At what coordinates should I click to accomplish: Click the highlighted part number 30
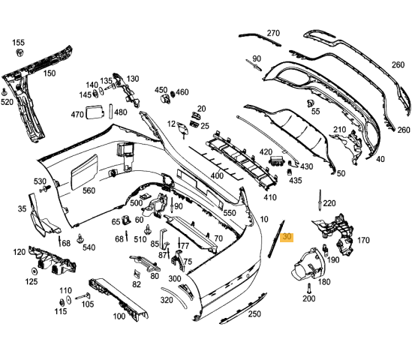coord(286,238)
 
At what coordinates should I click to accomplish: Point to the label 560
coord(89,190)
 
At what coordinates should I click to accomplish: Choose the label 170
coord(363,241)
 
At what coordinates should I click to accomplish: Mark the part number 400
coord(217,175)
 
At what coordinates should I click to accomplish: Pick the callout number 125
coord(32,281)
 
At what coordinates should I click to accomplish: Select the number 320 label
coord(167,300)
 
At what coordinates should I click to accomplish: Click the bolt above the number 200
coord(308,287)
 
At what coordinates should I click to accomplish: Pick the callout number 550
coord(230,213)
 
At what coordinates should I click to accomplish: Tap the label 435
coord(296,181)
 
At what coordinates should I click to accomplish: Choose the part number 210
coord(340,130)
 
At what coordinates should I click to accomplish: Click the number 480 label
coord(120,112)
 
